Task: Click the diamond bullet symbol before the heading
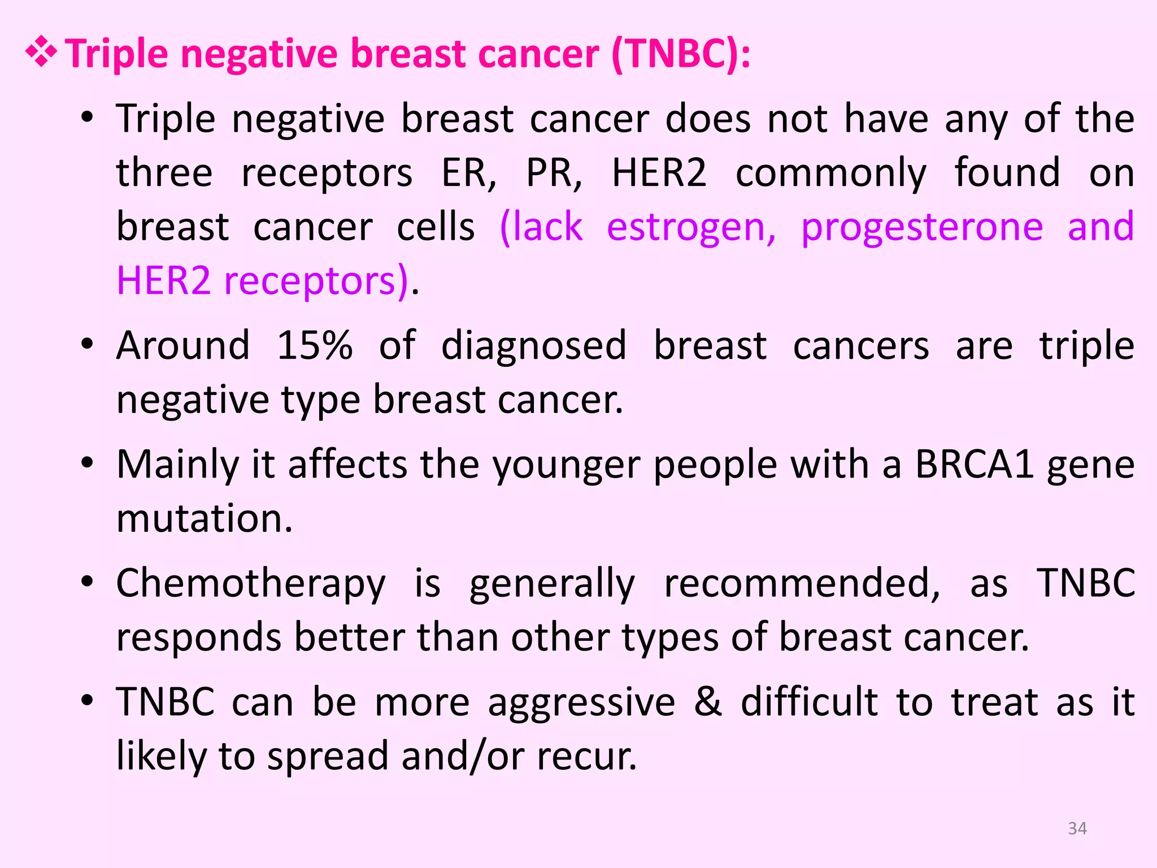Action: [x=41, y=54]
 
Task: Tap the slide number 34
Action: [x=1077, y=828]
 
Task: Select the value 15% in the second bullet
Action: [x=315, y=345]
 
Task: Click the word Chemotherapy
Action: [x=251, y=584]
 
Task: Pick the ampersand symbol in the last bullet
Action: [x=708, y=702]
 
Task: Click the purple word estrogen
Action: [x=691, y=227]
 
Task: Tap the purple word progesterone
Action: [x=922, y=227]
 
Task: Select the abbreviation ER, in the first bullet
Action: [x=468, y=173]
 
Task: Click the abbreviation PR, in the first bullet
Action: [x=554, y=173]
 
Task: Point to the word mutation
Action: [x=204, y=519]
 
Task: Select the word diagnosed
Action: [x=533, y=345]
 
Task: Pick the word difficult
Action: [x=810, y=702]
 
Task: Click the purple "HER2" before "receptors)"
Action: [x=164, y=281]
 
